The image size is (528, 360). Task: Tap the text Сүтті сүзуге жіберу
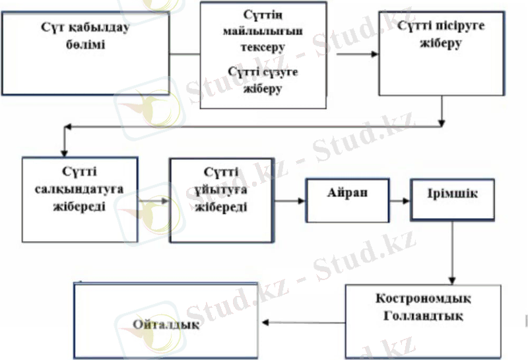pyautogui.click(x=263, y=79)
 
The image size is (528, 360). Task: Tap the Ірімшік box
pyautogui.click(x=452, y=198)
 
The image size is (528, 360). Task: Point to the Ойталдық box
pyautogui.click(x=165, y=324)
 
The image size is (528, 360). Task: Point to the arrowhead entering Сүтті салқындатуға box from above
pyautogui.click(x=64, y=151)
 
